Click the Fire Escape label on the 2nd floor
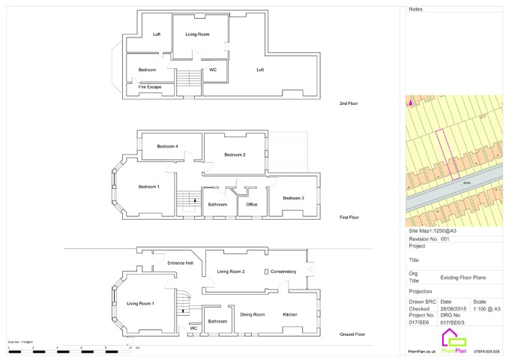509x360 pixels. (149, 87)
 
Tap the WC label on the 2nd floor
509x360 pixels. (212, 70)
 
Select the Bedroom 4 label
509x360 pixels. (167, 146)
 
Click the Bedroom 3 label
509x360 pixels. (293, 198)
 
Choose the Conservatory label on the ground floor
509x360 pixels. (284, 271)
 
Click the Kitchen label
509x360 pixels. (292, 314)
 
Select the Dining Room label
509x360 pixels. (253, 314)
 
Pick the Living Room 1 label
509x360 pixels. (140, 303)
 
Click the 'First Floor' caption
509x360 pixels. (349, 217)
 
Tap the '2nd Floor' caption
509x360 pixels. (349, 103)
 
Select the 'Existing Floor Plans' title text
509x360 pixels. (463, 277)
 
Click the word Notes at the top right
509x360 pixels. (417, 10)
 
